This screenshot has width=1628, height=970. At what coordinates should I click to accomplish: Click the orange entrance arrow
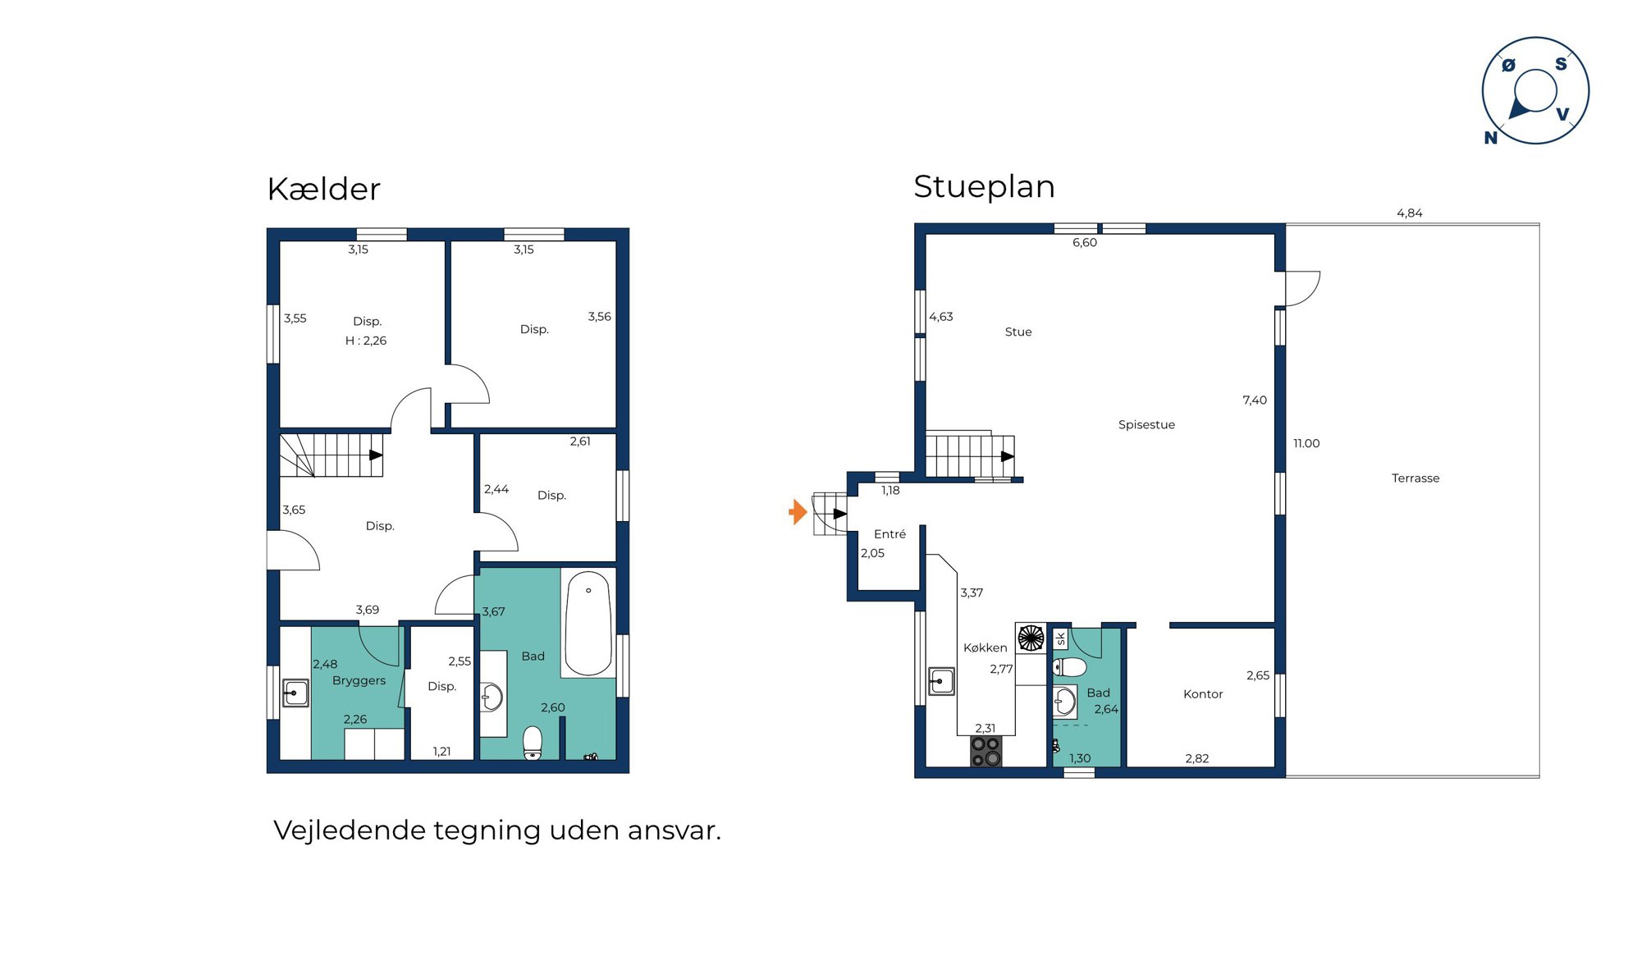coord(798,512)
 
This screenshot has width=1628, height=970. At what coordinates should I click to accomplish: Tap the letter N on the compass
coord(1491,138)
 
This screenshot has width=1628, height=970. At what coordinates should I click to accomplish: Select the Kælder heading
coord(323,189)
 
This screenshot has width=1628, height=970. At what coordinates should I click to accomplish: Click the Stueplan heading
coord(984,187)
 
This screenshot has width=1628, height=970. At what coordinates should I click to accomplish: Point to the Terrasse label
coord(1415,478)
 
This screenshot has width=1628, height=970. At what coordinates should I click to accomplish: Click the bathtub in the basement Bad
coord(588,623)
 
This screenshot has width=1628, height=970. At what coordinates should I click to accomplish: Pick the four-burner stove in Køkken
coord(985,751)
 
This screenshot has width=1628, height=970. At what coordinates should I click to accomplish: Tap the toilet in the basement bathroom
coord(533,743)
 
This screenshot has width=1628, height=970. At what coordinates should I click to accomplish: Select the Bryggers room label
coord(359,681)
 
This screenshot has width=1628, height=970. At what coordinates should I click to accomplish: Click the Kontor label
coord(1203,694)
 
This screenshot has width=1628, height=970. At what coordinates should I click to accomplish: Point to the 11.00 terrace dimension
coord(1306,444)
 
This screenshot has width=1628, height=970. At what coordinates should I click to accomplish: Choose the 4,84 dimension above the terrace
coord(1410,213)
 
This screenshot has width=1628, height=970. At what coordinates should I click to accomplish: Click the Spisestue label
coord(1146,425)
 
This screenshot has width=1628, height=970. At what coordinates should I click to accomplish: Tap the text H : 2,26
coord(366,341)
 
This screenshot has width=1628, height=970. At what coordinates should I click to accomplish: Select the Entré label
coord(889,534)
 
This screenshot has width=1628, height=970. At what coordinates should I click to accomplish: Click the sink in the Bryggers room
coord(295,693)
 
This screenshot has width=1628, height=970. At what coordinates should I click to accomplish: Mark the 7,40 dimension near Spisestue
coord(1255,400)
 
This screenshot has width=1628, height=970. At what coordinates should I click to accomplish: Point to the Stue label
coord(1018,332)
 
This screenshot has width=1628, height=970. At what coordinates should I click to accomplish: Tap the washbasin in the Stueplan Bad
coord(1064,702)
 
